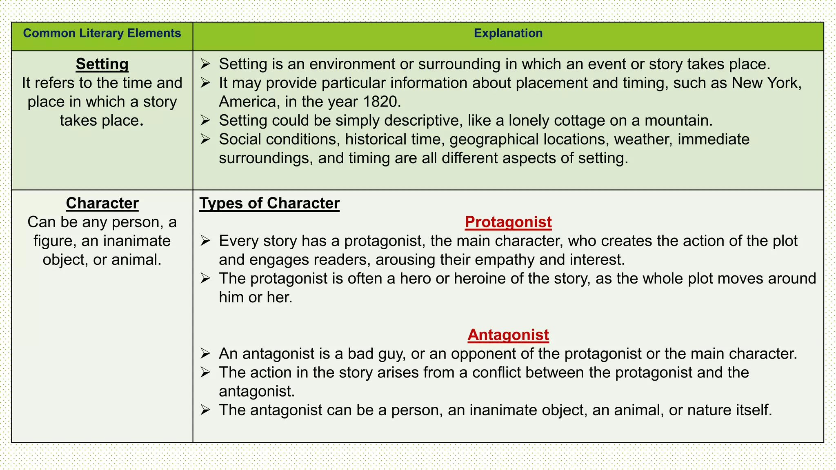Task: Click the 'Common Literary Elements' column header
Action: click(102, 33)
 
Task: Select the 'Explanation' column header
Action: click(508, 33)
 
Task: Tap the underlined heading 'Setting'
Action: click(102, 64)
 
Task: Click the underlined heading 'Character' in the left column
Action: click(102, 203)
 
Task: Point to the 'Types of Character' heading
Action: click(269, 203)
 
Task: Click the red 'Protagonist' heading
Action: click(508, 222)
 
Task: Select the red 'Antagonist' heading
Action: click(508, 335)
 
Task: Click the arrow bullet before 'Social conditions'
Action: click(205, 140)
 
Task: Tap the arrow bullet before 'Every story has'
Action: click(205, 241)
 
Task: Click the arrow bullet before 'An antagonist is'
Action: click(205, 354)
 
